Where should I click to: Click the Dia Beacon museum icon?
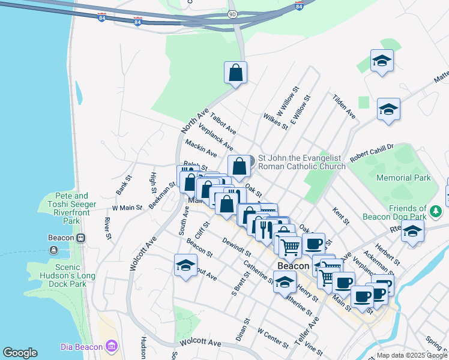(111, 346)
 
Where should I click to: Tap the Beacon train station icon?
(80, 238)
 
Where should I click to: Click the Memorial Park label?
(403, 178)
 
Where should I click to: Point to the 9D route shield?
(232, 13)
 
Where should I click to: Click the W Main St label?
(127, 208)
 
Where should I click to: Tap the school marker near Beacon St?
(186, 265)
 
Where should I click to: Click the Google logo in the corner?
(20, 353)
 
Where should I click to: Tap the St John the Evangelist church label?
(301, 163)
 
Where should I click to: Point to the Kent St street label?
(340, 217)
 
